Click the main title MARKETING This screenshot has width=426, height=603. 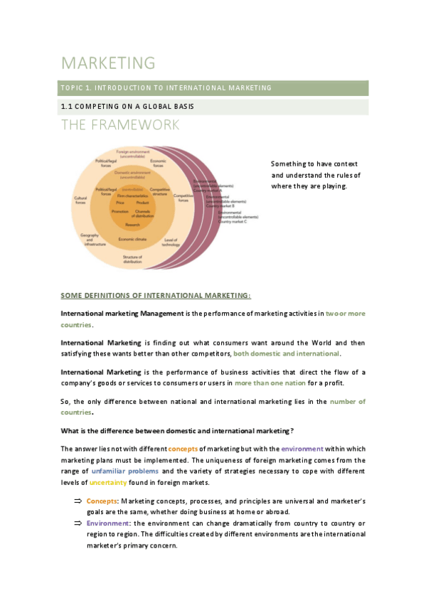click(108, 63)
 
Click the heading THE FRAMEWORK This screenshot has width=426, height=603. click(119, 125)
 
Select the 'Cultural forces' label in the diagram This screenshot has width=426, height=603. click(80, 201)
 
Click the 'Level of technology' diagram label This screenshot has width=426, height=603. click(171, 242)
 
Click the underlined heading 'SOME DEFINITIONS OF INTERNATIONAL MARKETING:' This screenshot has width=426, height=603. click(155, 295)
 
